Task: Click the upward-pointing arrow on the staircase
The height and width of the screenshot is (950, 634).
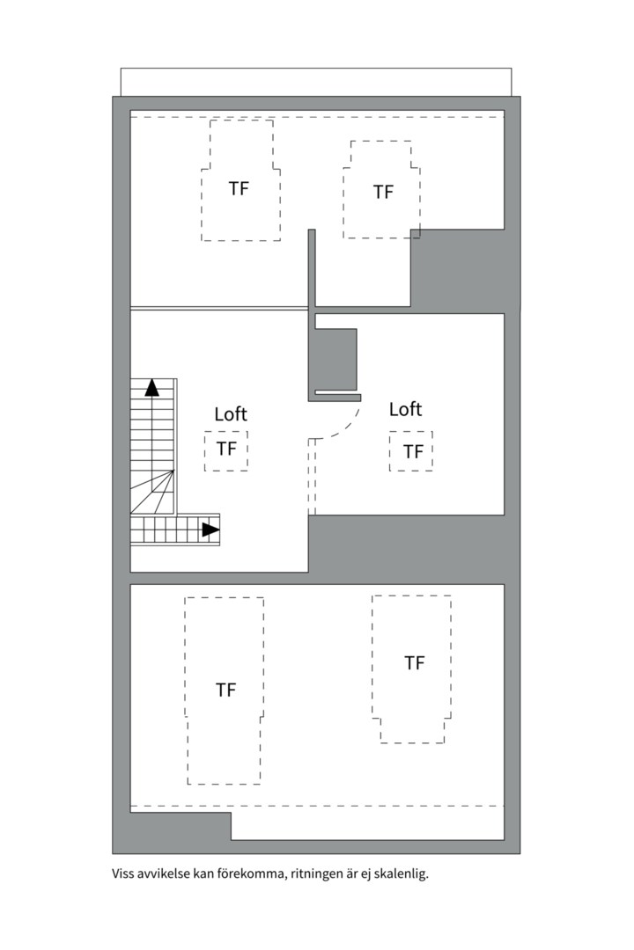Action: click(x=152, y=386)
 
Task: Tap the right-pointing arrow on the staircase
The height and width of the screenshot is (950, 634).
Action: click(x=210, y=530)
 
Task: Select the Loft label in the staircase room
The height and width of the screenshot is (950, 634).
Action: click(x=231, y=413)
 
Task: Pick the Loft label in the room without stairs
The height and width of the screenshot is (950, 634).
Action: click(x=405, y=409)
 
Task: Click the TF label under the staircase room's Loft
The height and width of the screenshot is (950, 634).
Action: click(x=226, y=449)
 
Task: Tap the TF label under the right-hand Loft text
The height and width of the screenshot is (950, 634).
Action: click(x=413, y=452)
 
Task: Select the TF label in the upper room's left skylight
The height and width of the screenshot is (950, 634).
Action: click(x=239, y=188)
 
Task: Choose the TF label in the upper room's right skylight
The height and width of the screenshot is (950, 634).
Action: click(x=383, y=192)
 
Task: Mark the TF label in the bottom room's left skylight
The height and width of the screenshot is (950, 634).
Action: click(x=226, y=690)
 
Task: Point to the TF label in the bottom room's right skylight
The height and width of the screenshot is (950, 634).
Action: click(x=414, y=663)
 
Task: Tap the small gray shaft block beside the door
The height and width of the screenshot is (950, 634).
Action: click(x=335, y=358)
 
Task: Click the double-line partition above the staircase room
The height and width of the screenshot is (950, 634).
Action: click(x=218, y=308)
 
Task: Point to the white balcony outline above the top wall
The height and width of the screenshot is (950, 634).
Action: click(x=315, y=82)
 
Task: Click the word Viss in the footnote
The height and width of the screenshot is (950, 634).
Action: click(x=123, y=874)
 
